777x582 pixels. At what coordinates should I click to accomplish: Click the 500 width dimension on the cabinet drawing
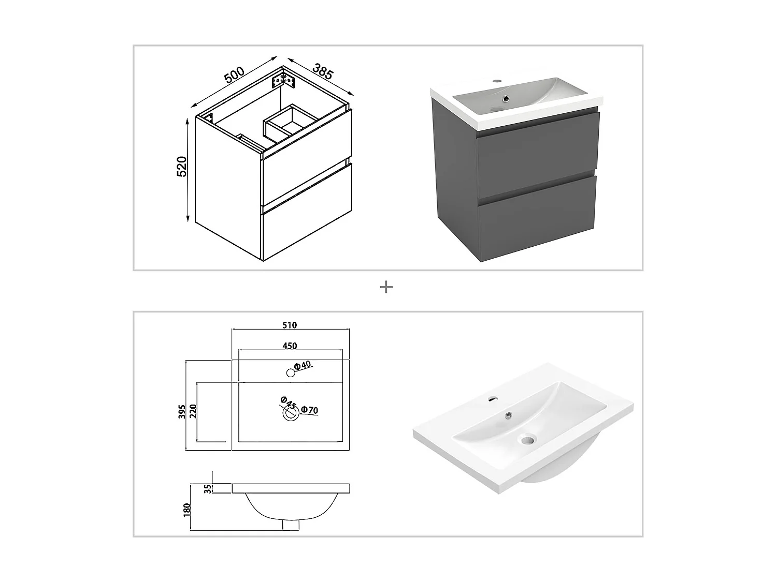point(234,75)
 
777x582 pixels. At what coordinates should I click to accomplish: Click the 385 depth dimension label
point(322,71)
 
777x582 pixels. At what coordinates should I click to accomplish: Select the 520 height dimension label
point(182,166)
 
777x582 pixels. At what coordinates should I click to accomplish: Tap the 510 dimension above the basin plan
point(290,325)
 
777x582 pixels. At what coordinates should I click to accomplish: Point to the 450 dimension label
point(290,346)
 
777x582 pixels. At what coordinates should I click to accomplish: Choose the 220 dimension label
point(193,411)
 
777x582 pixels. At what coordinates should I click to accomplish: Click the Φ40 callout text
point(302,365)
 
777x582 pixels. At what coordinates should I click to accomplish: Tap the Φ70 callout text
point(309,410)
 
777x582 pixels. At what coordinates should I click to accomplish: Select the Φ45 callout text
point(288,402)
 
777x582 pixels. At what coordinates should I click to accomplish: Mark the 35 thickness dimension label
point(208,488)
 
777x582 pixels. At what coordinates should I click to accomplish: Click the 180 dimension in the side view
point(187,509)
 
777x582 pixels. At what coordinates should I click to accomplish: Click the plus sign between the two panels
point(386,287)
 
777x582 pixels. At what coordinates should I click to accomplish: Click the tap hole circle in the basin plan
point(290,372)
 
